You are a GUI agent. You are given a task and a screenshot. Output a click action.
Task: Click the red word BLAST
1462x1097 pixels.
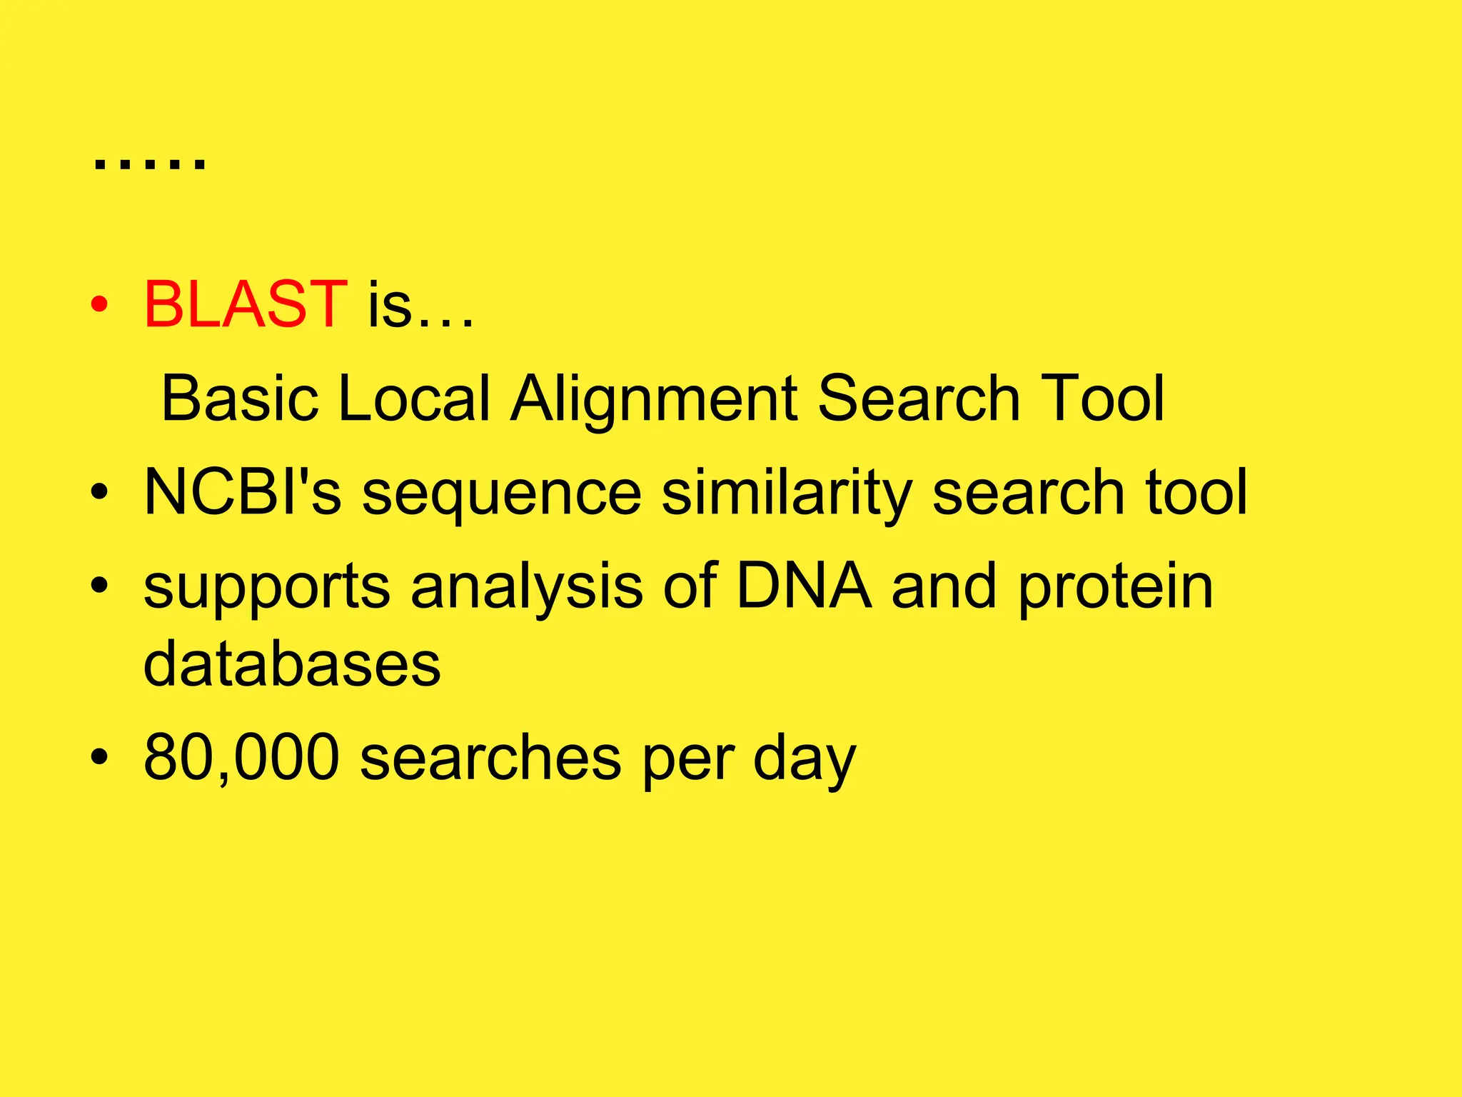point(245,305)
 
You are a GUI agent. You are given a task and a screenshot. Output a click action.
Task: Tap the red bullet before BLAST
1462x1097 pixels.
point(99,305)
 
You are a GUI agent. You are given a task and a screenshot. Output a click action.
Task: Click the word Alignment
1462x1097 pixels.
point(654,400)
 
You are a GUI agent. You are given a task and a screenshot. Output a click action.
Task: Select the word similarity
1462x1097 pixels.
point(787,493)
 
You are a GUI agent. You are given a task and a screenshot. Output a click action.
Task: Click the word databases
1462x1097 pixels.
point(292,663)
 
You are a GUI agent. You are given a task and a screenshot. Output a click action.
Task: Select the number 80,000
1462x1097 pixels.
point(241,757)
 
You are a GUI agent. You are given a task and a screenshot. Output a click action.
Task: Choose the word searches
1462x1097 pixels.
point(490,756)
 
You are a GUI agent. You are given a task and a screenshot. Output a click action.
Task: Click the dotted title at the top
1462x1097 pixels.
point(149,164)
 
